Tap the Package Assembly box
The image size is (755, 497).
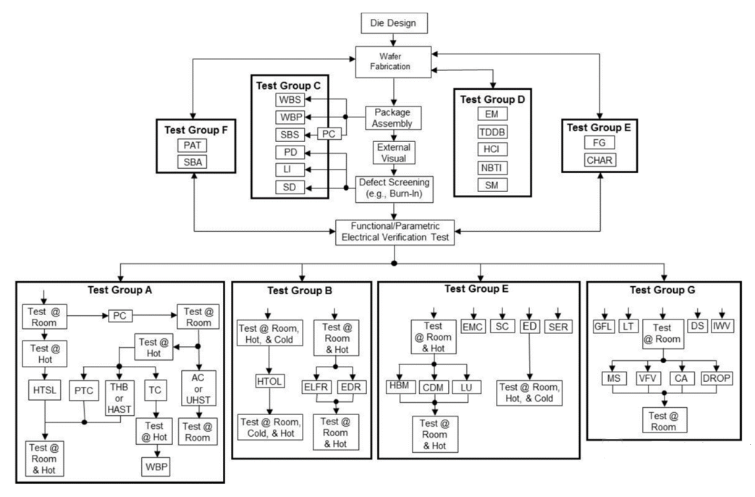(392, 118)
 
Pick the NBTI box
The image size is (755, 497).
(493, 168)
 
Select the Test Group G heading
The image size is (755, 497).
(661, 290)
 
